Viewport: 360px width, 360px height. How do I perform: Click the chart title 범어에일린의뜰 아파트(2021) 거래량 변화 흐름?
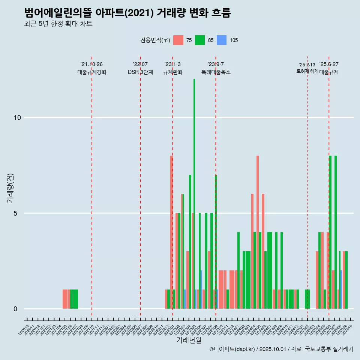tap(127, 13)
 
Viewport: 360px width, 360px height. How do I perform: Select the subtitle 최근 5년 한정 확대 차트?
tap(58, 24)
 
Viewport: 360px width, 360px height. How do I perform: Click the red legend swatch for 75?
tap(178, 40)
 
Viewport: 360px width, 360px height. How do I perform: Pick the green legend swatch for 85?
tap(200, 40)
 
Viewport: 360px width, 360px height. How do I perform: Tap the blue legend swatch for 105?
tap(222, 40)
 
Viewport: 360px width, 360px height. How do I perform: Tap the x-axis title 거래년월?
tap(189, 340)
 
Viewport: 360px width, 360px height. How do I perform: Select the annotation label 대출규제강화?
tap(92, 72)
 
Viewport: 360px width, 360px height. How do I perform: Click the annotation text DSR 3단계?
tap(140, 72)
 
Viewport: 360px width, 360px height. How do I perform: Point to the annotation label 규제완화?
tap(172, 72)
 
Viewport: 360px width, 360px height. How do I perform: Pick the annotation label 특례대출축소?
tap(216, 72)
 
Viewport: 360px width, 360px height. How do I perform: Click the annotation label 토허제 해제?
tap(307, 71)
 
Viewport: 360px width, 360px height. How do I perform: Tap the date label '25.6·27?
tap(329, 64)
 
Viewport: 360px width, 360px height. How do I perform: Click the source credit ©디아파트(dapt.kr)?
tap(232, 349)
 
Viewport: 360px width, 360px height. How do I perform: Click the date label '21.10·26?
tap(91, 64)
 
